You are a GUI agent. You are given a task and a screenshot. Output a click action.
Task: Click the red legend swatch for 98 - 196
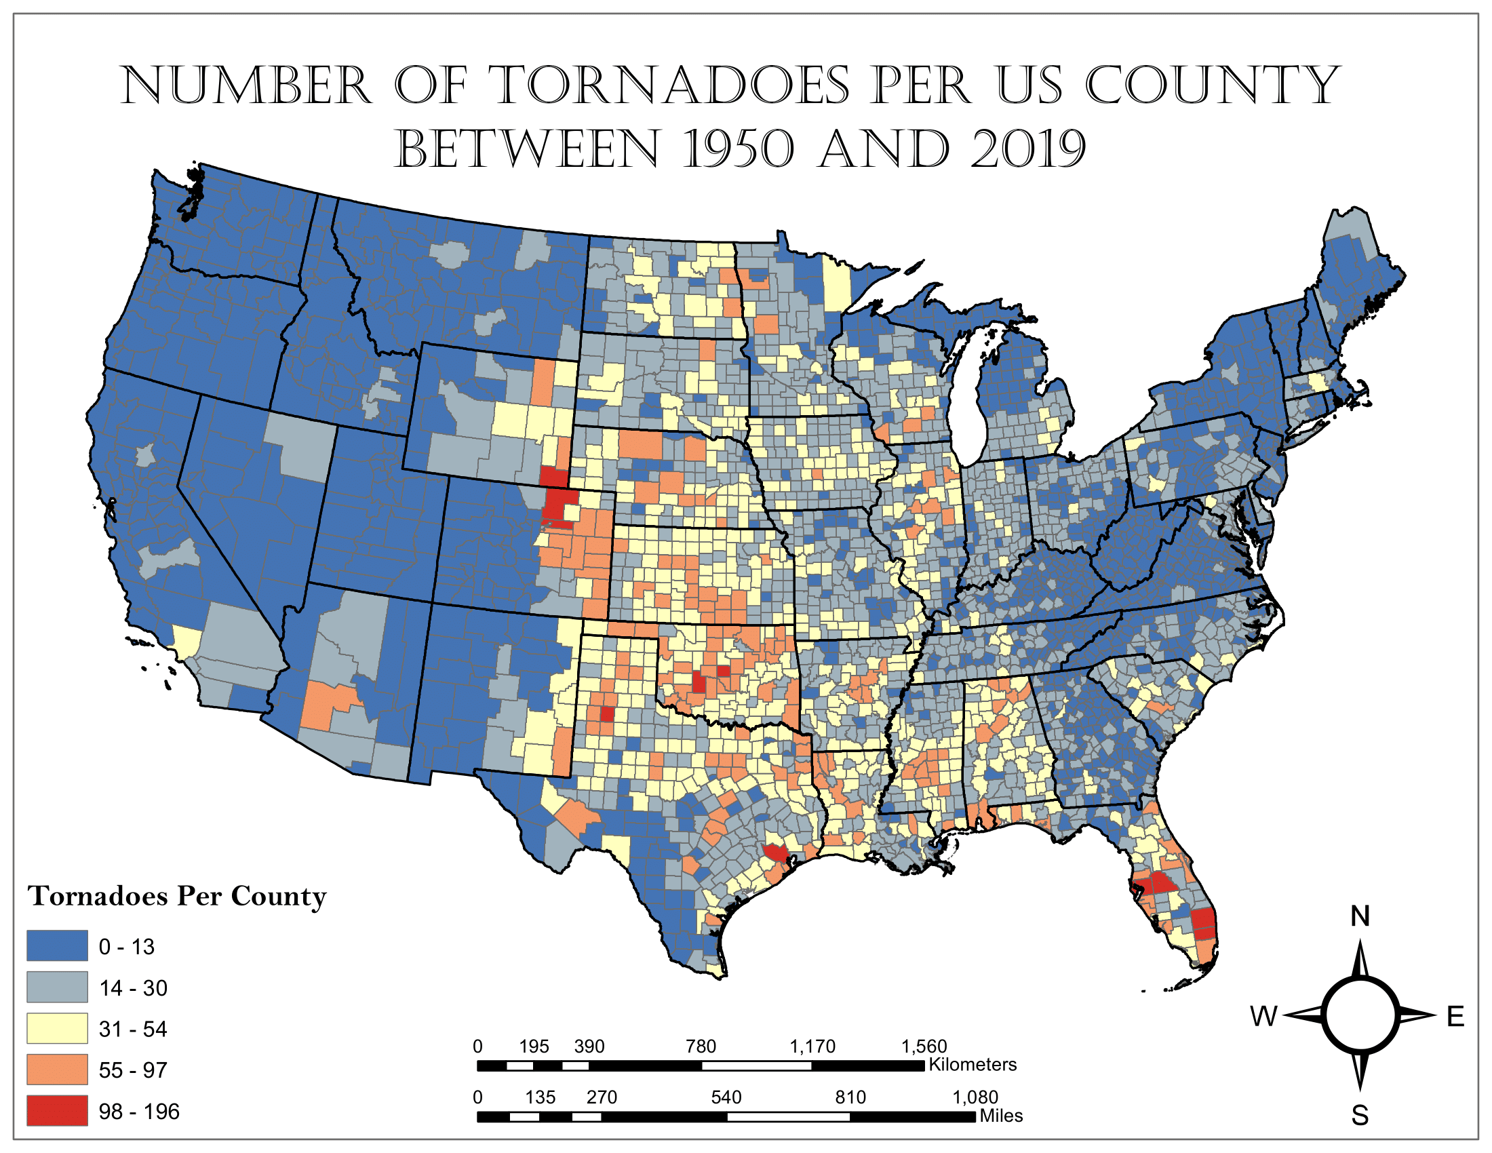coord(58,1111)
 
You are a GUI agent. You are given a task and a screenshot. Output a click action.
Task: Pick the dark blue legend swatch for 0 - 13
coord(58,946)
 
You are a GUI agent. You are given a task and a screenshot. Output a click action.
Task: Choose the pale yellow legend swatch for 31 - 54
coord(58,1029)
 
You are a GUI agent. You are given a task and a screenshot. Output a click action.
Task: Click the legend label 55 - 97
coord(132,1070)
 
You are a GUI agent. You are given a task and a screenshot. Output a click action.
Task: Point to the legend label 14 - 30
coord(132,988)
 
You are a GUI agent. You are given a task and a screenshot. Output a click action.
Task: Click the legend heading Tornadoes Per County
coord(177,895)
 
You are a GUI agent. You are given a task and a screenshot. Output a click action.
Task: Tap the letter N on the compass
coord(1360,917)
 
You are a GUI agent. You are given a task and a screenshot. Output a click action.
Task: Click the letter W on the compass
coord(1263,1017)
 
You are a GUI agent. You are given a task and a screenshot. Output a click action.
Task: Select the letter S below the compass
coord(1360,1116)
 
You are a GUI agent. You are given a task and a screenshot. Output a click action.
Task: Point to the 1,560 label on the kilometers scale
coord(924,1047)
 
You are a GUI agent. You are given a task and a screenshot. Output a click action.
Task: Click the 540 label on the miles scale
coord(726,1097)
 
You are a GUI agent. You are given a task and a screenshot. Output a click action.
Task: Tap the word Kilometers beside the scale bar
coord(972,1065)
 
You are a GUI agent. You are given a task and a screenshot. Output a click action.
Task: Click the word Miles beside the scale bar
coord(1001,1116)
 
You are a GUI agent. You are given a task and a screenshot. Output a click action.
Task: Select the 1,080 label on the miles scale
coord(975,1097)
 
